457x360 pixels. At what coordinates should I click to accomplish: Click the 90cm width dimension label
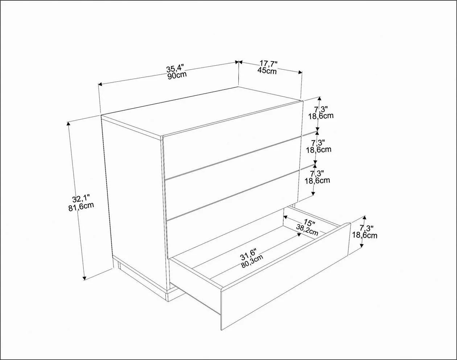(177, 76)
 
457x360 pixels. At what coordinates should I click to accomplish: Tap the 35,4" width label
(174, 69)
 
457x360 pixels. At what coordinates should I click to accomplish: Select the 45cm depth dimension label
(267, 70)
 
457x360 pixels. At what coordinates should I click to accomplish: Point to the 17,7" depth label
(269, 64)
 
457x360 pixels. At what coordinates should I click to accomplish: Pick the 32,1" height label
(81, 199)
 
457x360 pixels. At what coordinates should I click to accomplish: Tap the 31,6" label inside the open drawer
(249, 254)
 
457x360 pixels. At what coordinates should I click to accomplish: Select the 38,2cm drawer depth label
(307, 230)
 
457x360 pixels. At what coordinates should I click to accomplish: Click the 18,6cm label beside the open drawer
(365, 235)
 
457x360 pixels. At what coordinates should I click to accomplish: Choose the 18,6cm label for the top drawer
(321, 116)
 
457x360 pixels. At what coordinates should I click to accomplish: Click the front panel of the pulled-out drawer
(285, 276)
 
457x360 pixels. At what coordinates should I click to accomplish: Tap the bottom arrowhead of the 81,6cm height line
(85, 278)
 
